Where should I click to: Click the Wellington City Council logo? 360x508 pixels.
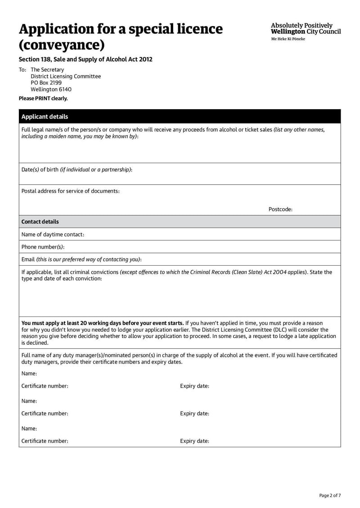point(306,29)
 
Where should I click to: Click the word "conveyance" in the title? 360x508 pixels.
point(62,45)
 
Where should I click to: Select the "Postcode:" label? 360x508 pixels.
point(280,209)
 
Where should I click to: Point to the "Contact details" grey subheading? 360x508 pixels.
point(40,222)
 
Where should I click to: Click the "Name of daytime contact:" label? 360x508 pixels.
point(53,234)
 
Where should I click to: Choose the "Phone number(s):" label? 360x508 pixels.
point(43,247)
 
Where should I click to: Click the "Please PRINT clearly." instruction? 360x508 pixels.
point(43,98)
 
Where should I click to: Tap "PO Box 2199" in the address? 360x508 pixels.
point(46,83)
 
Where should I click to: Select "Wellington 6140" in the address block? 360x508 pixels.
point(51,89)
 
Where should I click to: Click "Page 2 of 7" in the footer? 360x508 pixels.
point(330,495)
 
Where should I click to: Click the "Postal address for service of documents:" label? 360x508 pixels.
point(71,191)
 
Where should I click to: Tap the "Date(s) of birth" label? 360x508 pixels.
point(40,169)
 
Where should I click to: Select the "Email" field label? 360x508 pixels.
point(28,259)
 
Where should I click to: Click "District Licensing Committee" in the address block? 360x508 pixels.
point(66,76)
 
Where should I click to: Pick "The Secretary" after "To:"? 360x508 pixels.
point(47,70)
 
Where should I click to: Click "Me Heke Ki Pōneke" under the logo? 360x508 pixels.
point(288,39)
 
